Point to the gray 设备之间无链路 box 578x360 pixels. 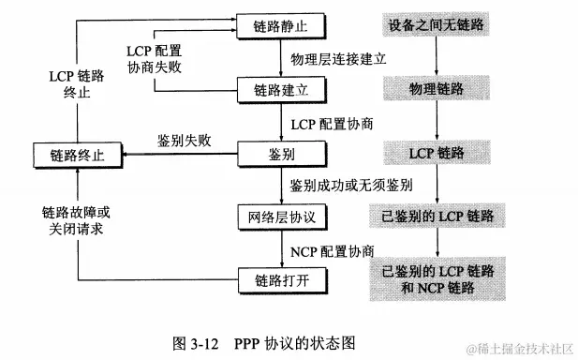pos(438,23)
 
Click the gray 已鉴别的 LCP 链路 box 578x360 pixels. pos(438,217)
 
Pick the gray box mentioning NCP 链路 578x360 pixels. pos(438,277)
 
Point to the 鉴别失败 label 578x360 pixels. pos(184,141)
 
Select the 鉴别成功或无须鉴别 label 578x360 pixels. pos(352,186)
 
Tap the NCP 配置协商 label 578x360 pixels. pos(333,250)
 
